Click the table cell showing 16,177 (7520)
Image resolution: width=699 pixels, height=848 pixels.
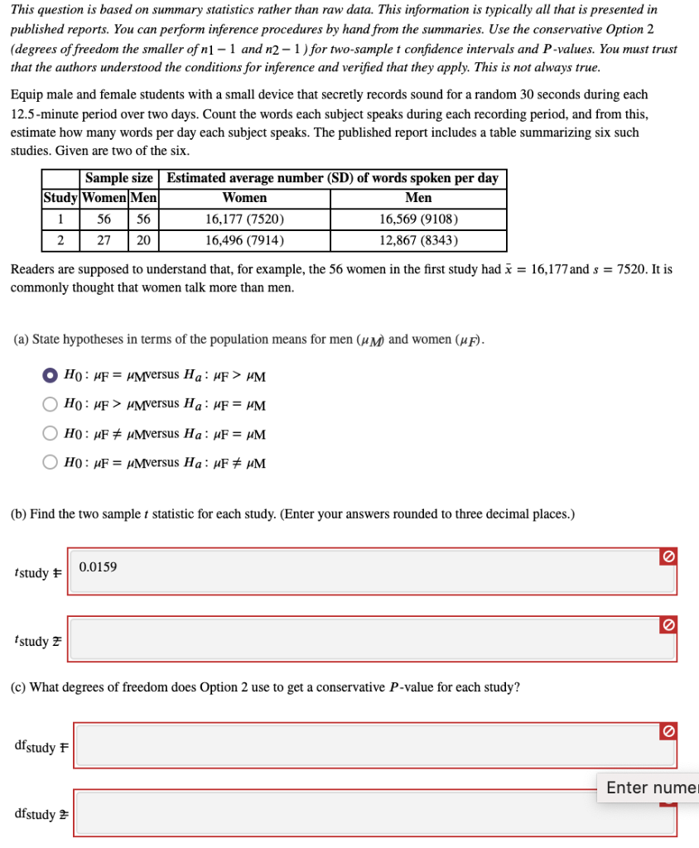[x=245, y=219]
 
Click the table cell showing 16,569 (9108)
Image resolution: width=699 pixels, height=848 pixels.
[x=418, y=219]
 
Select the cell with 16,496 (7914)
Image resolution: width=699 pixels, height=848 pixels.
[x=245, y=241]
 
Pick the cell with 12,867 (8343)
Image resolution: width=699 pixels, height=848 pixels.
[x=418, y=241]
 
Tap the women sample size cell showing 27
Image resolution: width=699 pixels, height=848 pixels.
[x=104, y=241]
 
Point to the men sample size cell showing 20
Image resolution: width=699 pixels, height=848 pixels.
[x=143, y=241]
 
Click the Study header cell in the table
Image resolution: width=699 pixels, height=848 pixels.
[x=60, y=198]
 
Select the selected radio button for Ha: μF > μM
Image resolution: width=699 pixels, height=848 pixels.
[x=51, y=377]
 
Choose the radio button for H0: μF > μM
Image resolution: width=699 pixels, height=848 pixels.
[x=51, y=405]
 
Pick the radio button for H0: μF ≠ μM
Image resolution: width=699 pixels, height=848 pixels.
[x=51, y=434]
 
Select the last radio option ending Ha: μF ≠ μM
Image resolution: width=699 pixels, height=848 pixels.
[x=51, y=462]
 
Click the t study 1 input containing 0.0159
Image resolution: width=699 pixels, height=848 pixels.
[x=364, y=571]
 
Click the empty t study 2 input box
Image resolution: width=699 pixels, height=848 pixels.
[x=364, y=639]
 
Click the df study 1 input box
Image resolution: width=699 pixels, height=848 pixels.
[x=364, y=745]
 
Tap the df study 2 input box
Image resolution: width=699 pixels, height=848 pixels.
[x=364, y=813]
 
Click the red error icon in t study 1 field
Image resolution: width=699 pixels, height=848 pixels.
[x=667, y=559]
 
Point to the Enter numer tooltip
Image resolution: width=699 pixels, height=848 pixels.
[x=650, y=788]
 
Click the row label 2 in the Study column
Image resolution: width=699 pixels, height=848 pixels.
[x=60, y=241]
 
